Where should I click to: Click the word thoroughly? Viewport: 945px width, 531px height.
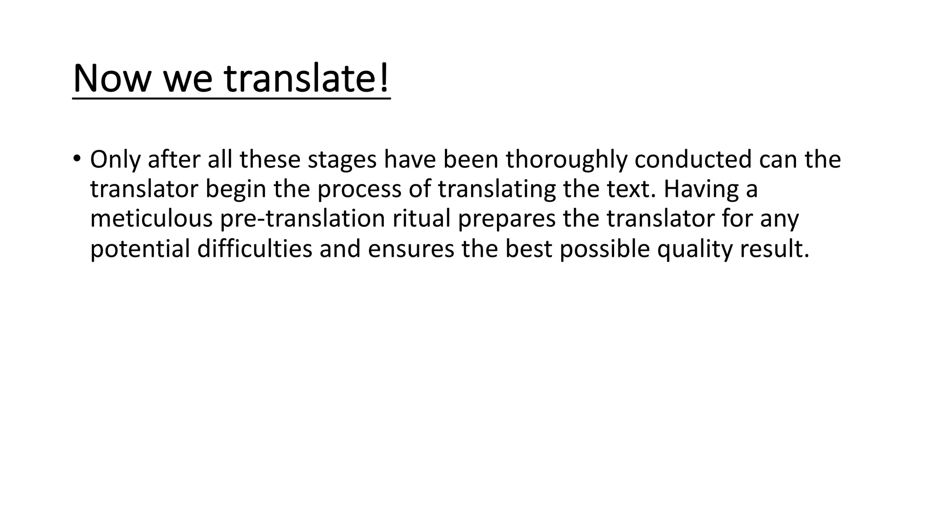pos(566,159)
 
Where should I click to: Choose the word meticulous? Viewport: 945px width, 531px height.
pos(151,219)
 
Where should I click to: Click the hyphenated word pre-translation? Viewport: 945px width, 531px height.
pos(302,219)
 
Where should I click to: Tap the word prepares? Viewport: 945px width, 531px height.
pos(507,219)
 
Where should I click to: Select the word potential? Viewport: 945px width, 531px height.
pos(140,249)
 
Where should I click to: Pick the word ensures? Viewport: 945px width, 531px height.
pos(411,249)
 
